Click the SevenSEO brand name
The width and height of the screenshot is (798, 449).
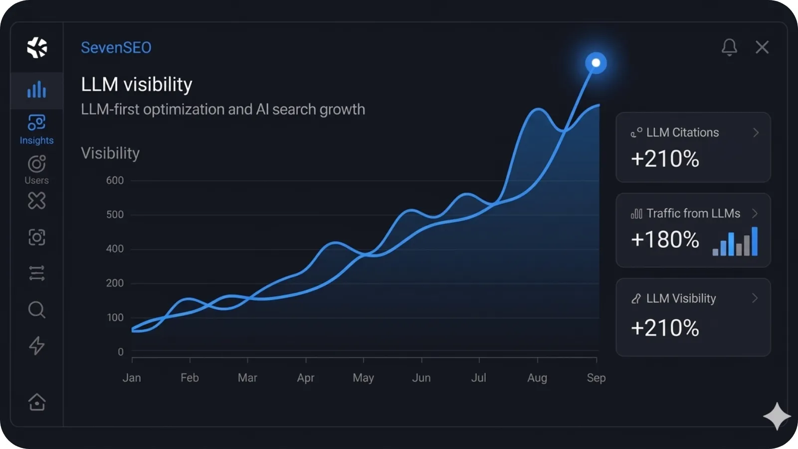tap(116, 47)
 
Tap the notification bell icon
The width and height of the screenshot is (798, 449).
tap(729, 47)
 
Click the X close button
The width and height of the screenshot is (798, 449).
tap(762, 47)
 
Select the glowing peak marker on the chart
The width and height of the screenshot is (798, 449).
tap(596, 63)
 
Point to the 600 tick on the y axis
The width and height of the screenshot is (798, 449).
tap(115, 181)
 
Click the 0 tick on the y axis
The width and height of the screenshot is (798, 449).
tap(121, 352)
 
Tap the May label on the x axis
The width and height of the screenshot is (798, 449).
tap(363, 378)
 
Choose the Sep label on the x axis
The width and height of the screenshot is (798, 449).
tap(596, 378)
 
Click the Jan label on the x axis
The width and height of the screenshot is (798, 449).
tap(132, 378)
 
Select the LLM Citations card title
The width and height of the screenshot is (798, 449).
tap(682, 133)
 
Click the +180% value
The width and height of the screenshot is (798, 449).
tap(665, 239)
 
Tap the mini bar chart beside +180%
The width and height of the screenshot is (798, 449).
tap(735, 241)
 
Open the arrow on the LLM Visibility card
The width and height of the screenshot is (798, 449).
tap(755, 298)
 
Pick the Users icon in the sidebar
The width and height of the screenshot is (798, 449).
tap(36, 164)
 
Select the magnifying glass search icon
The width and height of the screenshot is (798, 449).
tap(36, 310)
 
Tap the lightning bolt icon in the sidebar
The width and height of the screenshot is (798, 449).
tap(36, 345)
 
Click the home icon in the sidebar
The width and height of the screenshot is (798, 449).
tap(37, 402)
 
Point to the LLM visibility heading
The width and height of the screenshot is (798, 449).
tap(137, 84)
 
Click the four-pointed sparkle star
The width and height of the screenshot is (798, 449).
tap(777, 416)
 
